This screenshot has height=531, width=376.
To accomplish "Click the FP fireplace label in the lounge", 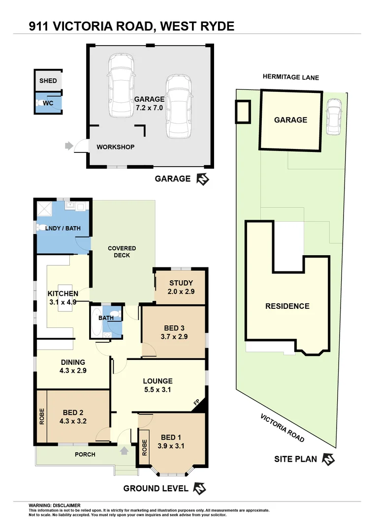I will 196,403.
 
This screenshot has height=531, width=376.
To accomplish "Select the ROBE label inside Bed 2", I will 42,416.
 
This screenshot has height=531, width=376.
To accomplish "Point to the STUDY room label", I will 181,283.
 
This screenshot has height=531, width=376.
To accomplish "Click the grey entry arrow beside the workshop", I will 68,146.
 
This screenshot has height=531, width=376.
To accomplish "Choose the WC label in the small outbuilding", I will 48,104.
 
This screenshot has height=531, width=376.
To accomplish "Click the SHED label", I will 48,81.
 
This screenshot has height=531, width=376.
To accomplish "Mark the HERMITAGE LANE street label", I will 290,77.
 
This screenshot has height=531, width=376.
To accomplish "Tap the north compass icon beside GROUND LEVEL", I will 199,489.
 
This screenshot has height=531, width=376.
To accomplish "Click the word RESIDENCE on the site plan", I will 287,306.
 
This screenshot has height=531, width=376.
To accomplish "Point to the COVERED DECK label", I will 122,252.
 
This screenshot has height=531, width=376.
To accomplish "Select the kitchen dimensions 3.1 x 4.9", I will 62,302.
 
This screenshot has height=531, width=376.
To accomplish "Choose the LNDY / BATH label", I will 60,228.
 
